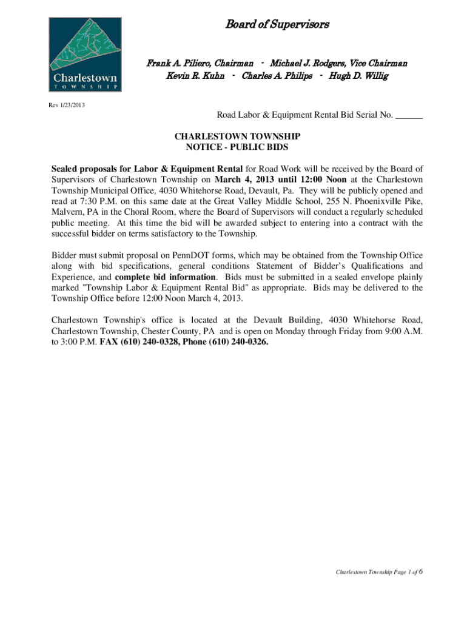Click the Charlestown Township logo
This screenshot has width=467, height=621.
pos(85,55)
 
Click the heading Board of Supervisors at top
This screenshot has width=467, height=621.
pos(277,25)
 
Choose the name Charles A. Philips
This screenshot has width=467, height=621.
pos(277,76)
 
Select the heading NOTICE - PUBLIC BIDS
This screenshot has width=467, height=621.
pos(237,147)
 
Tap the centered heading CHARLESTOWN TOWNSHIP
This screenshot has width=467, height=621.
pos(237,137)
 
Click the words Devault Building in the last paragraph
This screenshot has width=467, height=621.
pos(288,320)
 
